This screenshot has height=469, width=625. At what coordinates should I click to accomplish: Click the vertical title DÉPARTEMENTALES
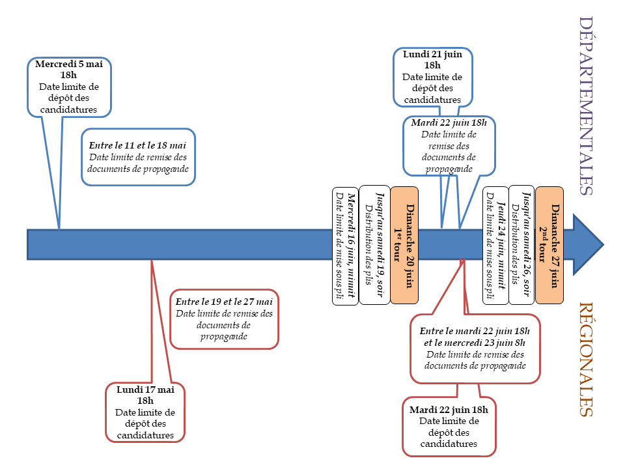click(585, 106)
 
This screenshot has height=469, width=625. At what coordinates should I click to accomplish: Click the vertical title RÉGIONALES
click(585, 359)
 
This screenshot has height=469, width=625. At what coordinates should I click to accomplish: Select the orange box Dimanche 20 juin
click(404, 246)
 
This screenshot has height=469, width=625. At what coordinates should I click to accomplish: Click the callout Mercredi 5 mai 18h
click(69, 87)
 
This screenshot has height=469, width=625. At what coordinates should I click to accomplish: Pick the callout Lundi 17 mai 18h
click(145, 412)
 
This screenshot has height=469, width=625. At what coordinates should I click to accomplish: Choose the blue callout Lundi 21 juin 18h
click(432, 77)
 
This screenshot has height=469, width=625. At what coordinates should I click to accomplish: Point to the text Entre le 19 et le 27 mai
click(224, 302)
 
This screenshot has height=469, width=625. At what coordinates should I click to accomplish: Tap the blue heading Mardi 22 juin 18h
click(449, 123)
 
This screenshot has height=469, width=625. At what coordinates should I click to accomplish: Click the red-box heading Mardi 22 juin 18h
click(449, 410)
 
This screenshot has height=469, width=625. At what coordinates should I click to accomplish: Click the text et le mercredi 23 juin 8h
click(475, 343)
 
